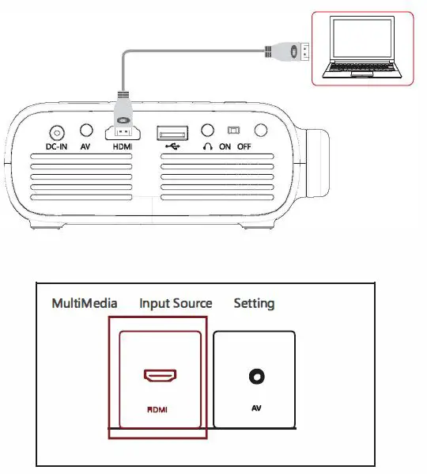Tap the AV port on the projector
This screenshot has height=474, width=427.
87,131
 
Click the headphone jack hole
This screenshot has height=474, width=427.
208,131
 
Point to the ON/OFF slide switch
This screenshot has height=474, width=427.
232,131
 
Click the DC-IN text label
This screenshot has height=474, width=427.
57,147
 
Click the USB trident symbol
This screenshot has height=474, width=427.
170,147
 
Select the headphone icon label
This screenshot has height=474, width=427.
207,147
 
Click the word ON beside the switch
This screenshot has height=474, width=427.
225,147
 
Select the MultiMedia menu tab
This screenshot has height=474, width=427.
85,303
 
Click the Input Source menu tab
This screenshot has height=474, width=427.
176,303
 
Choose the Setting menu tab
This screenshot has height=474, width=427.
254,303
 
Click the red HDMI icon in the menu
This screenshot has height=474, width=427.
160,375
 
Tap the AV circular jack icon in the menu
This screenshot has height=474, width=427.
256,378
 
